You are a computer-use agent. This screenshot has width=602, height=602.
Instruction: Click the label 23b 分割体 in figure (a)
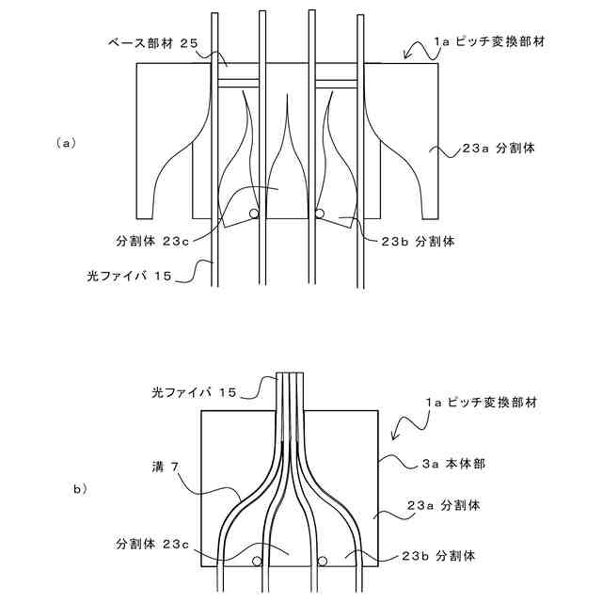point(420,241)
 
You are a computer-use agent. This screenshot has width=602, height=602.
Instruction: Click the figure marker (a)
point(65,143)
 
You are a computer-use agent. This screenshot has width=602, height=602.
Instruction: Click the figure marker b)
point(79,488)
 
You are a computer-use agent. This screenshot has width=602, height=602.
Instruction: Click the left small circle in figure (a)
point(254,214)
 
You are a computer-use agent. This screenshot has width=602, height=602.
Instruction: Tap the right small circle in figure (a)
point(320,214)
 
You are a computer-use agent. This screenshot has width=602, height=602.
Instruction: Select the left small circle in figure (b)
point(256,562)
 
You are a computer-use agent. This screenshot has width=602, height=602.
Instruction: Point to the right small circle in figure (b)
point(322,562)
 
